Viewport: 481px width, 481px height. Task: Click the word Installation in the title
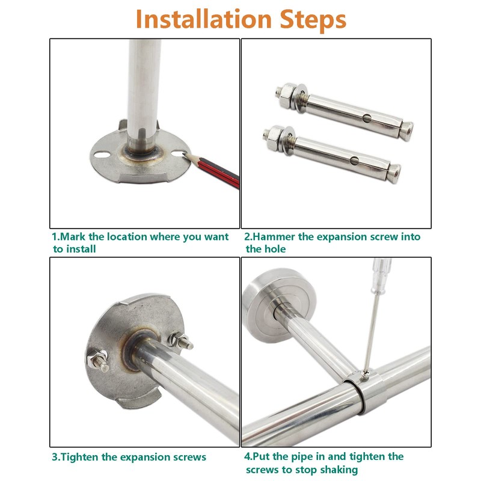click(204, 19)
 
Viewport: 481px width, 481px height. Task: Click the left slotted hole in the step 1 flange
click(102, 155)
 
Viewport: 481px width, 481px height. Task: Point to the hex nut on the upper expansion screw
click(287, 94)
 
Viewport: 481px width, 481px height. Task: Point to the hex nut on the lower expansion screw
click(274, 138)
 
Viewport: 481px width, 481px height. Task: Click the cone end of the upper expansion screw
click(407, 130)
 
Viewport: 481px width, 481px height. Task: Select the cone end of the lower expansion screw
click(395, 173)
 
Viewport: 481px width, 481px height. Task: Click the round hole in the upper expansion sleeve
click(367, 118)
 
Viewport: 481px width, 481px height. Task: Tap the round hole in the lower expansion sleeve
click(354, 161)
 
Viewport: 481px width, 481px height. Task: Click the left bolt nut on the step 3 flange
click(97, 360)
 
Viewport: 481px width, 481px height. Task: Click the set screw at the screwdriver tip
click(365, 375)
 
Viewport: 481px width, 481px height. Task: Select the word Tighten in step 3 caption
click(79, 458)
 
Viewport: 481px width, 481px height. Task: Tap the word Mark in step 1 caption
click(73, 237)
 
